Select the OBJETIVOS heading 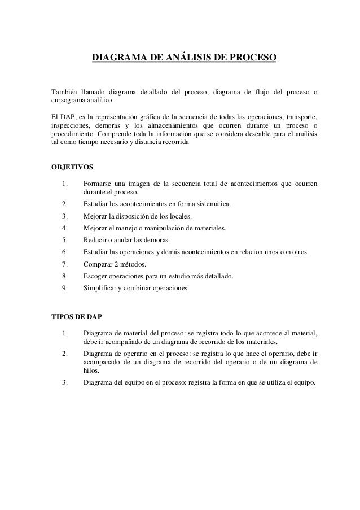coord(69,168)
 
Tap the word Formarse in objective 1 coord(98,184)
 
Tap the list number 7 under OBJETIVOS coord(65,264)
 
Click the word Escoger coord(96,276)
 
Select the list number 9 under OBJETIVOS coord(65,287)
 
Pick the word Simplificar coord(101,287)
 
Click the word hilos coord(91,371)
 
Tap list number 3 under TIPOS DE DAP coord(65,382)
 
